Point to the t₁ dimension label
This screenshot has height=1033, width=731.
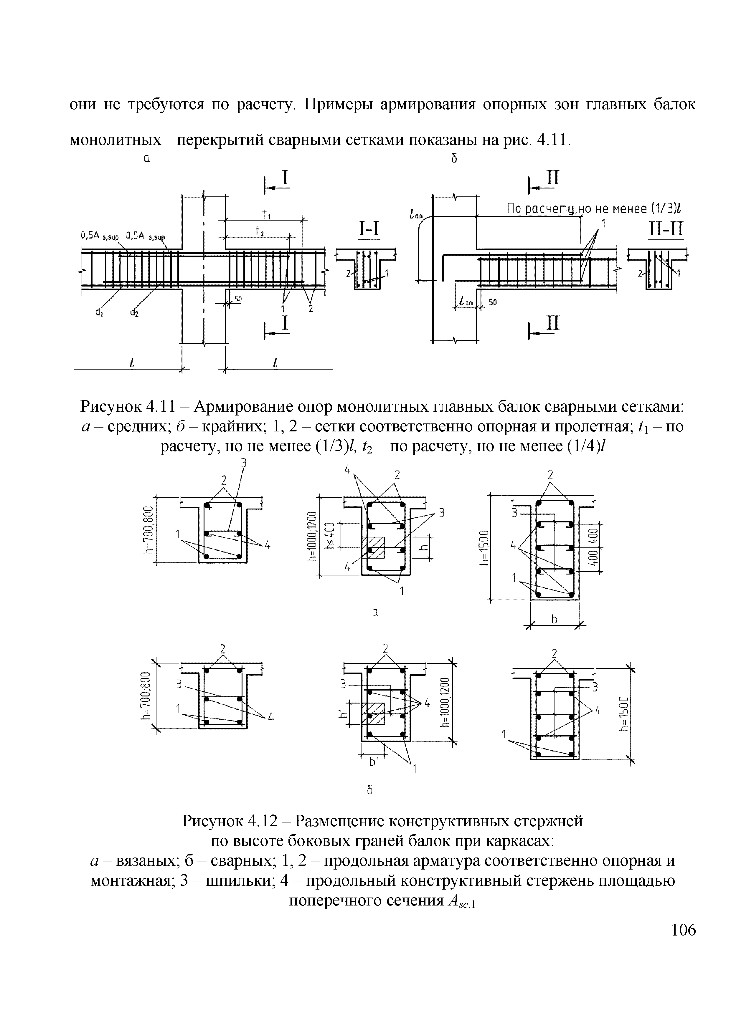click(265, 213)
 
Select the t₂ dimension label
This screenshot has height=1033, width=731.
click(259, 231)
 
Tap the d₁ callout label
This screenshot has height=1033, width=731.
click(99, 313)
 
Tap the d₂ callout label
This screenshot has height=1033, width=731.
click(134, 313)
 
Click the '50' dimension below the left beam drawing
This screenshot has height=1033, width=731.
click(238, 299)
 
